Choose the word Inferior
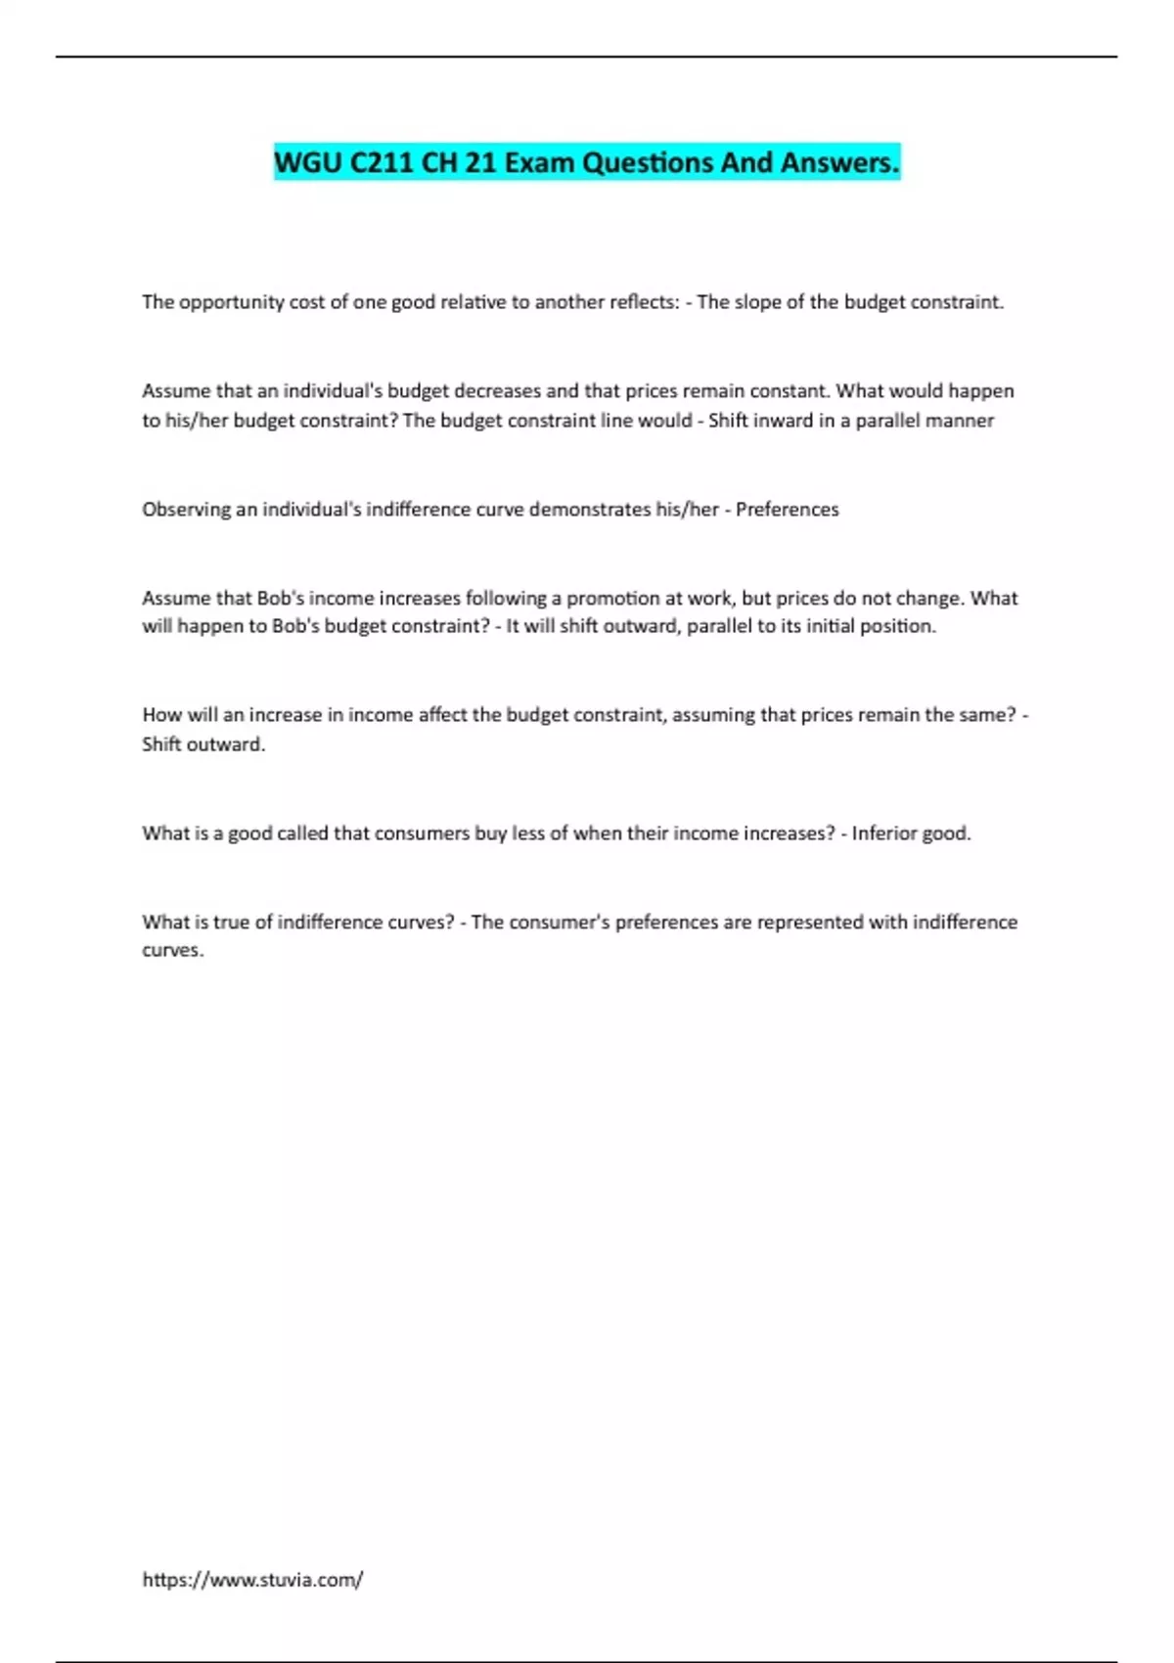[884, 833]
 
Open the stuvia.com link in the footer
[252, 1580]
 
